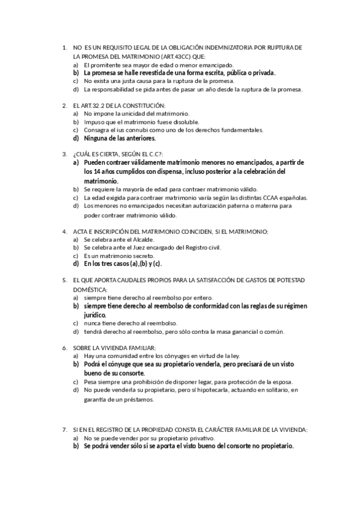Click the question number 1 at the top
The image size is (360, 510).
pos(64,47)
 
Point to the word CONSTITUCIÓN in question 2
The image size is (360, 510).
pos(138,105)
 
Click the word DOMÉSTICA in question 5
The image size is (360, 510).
pos(88,289)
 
